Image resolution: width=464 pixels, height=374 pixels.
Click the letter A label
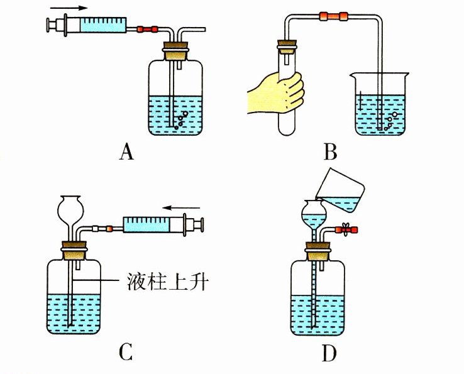(127, 152)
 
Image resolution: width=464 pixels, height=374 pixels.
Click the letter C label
(126, 353)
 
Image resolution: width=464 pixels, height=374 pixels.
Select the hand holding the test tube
(277, 92)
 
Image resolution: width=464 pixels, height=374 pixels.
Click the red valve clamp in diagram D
(345, 231)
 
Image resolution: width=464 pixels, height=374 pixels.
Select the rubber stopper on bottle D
(317, 255)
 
